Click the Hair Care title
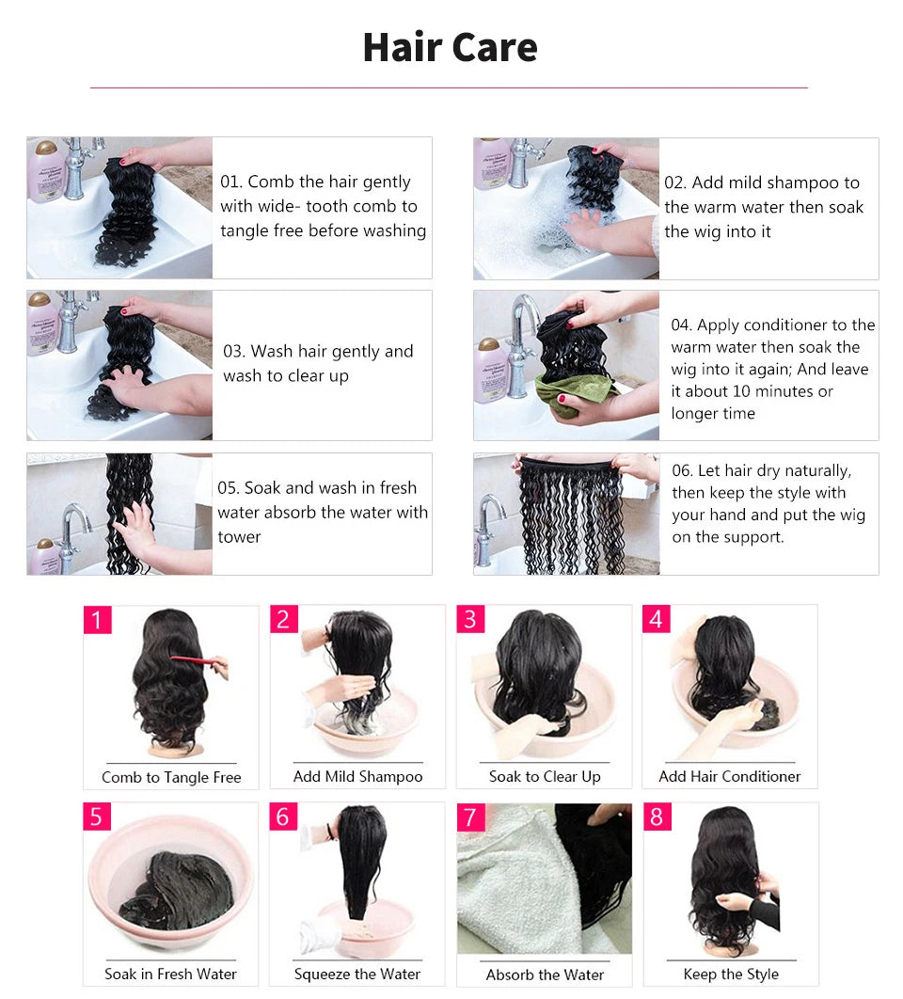(x=450, y=47)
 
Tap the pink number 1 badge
(x=97, y=620)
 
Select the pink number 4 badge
(x=657, y=619)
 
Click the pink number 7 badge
(x=471, y=817)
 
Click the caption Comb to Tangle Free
(x=171, y=777)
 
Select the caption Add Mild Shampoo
(x=357, y=776)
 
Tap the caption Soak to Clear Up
(x=544, y=776)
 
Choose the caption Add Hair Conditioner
(x=729, y=776)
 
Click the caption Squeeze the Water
(x=357, y=974)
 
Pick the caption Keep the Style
(x=731, y=974)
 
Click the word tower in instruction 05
(x=239, y=537)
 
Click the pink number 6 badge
(x=283, y=817)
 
